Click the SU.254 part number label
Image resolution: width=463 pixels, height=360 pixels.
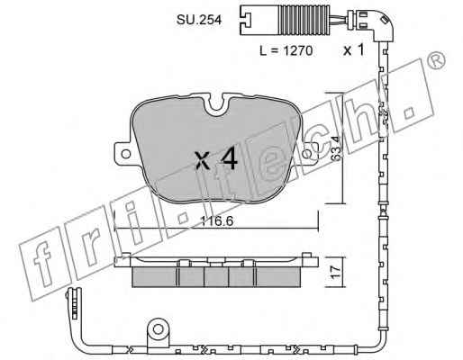click(x=199, y=20)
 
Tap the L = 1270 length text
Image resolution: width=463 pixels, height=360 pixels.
click(x=286, y=50)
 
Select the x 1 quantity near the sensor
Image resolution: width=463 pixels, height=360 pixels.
click(x=354, y=49)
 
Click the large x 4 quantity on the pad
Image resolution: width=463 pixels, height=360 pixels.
click(x=216, y=159)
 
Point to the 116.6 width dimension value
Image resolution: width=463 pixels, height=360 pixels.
click(x=217, y=221)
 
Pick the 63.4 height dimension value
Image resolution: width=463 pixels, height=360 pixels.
click(x=337, y=148)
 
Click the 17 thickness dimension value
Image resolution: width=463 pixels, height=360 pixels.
click(x=336, y=272)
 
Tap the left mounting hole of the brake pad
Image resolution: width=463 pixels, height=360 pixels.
click(x=126, y=154)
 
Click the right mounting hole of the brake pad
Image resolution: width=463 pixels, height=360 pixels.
click(x=307, y=154)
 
